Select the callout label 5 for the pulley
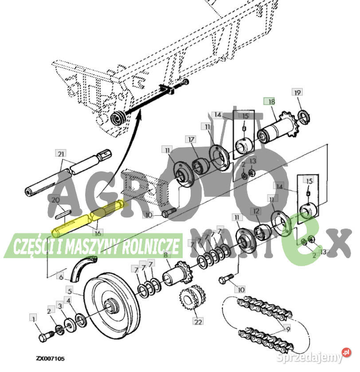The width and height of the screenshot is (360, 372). click(x=69, y=291)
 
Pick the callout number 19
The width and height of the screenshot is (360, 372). click(x=297, y=92)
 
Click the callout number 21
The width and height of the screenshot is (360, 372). click(x=61, y=154)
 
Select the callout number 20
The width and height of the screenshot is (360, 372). click(x=55, y=200)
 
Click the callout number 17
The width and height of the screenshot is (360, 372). click(x=191, y=139)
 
